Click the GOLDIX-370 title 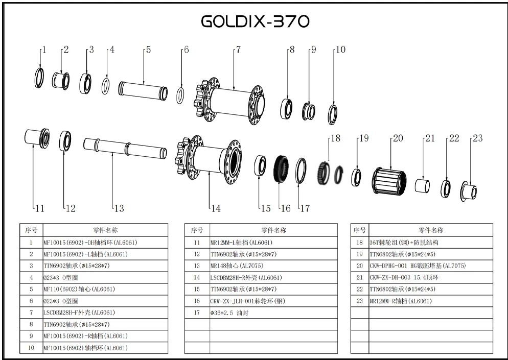coord(255,21)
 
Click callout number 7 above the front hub coord(238,50)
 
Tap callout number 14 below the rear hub coord(216,208)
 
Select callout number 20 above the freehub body coord(397,138)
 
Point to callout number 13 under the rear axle coord(119,208)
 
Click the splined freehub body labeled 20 coord(389,180)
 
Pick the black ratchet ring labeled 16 coord(280,169)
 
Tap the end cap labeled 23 coord(469,191)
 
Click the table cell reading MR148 coord(273,266)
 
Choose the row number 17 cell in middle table coord(197,313)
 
